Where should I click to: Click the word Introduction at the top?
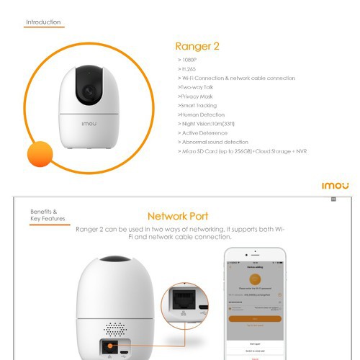pos(43,22)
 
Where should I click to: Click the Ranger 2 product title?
pos(197,47)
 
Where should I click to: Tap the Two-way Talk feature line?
pos(198,86)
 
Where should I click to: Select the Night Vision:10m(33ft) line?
pos(207,124)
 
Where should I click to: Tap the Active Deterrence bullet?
pos(204,133)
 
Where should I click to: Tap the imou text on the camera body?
pos(87,122)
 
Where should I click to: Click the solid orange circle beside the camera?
pos(40,155)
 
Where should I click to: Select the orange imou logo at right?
pos(335,186)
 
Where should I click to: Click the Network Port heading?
pos(178,216)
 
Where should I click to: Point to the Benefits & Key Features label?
pos(47,215)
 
